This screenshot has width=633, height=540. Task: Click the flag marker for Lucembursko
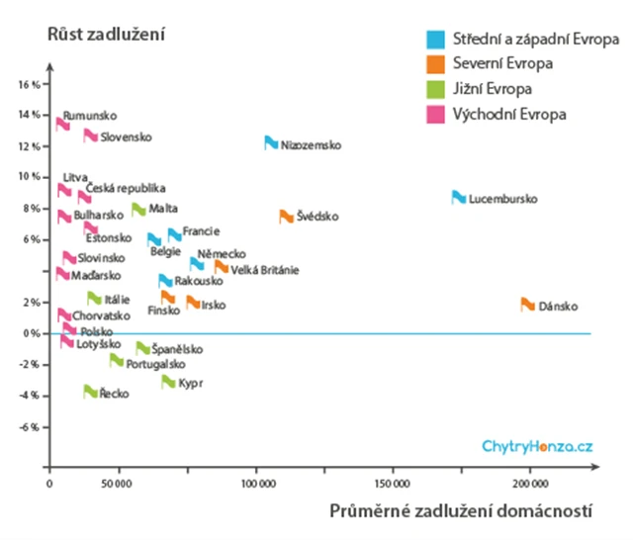click(x=459, y=198)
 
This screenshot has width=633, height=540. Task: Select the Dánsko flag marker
click(x=528, y=305)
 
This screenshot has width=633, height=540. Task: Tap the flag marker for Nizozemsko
click(x=271, y=143)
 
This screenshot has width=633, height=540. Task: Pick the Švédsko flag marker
click(x=286, y=217)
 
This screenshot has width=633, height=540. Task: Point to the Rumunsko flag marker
click(x=62, y=124)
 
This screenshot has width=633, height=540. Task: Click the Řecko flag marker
click(x=90, y=392)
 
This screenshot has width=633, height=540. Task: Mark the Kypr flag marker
click(x=168, y=382)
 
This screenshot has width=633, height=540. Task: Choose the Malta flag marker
click(x=138, y=210)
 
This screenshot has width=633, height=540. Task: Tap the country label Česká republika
click(x=126, y=188)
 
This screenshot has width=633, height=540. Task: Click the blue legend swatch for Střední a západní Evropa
click(x=434, y=41)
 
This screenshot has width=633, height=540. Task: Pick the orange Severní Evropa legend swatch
click(x=434, y=64)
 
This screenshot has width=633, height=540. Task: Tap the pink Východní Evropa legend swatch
click(x=434, y=114)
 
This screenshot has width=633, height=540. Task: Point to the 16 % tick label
click(x=29, y=84)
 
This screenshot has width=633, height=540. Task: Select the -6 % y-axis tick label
click(x=29, y=427)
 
